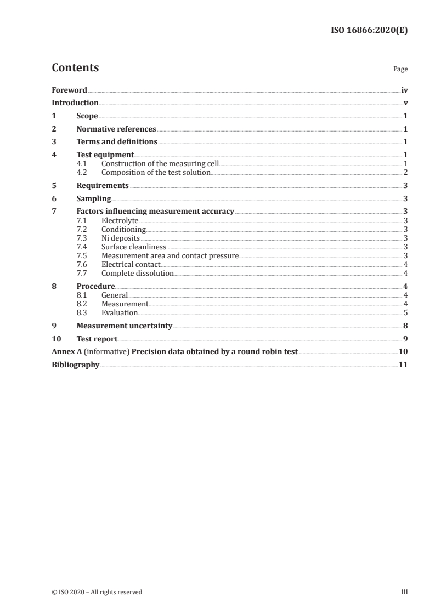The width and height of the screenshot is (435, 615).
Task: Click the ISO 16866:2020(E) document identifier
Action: (x=369, y=31)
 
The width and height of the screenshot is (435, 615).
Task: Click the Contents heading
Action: (x=75, y=68)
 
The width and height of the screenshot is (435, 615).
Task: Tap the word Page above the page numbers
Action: (x=400, y=70)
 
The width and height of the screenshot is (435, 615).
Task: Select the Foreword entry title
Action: (x=69, y=90)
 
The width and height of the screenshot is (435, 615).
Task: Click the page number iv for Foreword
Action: (x=404, y=90)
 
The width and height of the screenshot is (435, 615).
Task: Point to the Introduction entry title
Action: (x=75, y=103)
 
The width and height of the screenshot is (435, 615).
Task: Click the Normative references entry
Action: (x=116, y=129)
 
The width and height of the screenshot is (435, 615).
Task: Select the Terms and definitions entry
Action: (x=117, y=142)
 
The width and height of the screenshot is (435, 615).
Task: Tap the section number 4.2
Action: (x=82, y=173)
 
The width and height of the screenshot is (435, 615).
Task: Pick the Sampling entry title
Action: (x=94, y=198)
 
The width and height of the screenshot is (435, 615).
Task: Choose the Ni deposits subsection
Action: (x=121, y=238)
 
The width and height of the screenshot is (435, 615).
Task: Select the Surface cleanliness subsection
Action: (x=134, y=247)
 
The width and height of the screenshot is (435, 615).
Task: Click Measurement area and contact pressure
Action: (x=170, y=255)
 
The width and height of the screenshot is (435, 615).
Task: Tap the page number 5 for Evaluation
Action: (x=405, y=312)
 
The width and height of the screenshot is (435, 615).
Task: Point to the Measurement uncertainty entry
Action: (x=125, y=326)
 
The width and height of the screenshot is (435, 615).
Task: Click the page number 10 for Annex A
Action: (x=403, y=352)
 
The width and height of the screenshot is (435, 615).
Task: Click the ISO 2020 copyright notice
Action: (x=97, y=592)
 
